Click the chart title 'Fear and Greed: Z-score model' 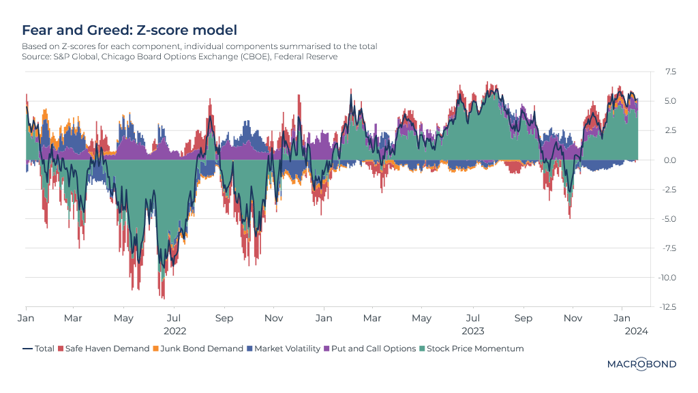[x=130, y=30]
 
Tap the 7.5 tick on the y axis [x=671, y=71]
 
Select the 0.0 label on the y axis [x=671, y=160]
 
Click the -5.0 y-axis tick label [x=669, y=219]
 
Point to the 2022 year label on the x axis [x=175, y=331]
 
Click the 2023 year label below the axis [x=473, y=331]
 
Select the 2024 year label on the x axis [x=637, y=331]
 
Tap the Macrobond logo [x=641, y=364]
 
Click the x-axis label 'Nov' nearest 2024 [x=573, y=318]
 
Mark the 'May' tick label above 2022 [x=123, y=318]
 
